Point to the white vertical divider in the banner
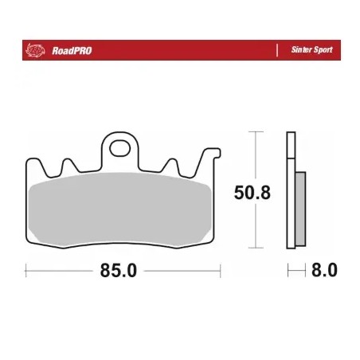click(275, 49)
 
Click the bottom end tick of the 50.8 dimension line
click(253, 249)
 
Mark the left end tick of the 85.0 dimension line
click(27, 272)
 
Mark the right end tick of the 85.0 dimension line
click(216, 272)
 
